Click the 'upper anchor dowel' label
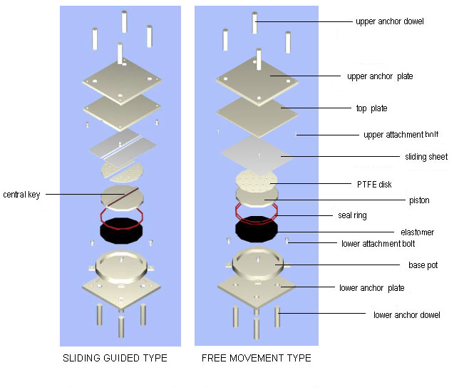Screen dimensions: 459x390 click(x=390, y=21)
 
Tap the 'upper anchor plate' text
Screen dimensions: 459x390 click(x=380, y=76)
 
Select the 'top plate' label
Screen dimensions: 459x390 click(x=372, y=108)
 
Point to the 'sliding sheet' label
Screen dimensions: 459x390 click(x=426, y=157)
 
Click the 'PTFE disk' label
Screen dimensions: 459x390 click(x=374, y=185)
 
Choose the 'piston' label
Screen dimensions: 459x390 click(x=419, y=200)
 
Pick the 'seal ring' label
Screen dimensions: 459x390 click(x=352, y=215)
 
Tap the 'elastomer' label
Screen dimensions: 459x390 click(x=417, y=232)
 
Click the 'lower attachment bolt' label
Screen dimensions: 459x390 click(x=378, y=244)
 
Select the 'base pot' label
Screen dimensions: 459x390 click(x=423, y=265)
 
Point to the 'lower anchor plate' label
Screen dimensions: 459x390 click(x=372, y=288)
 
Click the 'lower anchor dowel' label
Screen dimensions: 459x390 click(x=406, y=315)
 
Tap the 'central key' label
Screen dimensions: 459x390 click(x=21, y=195)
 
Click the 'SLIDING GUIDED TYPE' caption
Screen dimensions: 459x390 click(x=115, y=358)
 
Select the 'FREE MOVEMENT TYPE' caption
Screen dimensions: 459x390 click(x=257, y=358)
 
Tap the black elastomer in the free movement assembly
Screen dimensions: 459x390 click(x=257, y=230)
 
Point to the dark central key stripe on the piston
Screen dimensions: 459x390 click(x=123, y=196)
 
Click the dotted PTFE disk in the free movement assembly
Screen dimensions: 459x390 click(x=257, y=180)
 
